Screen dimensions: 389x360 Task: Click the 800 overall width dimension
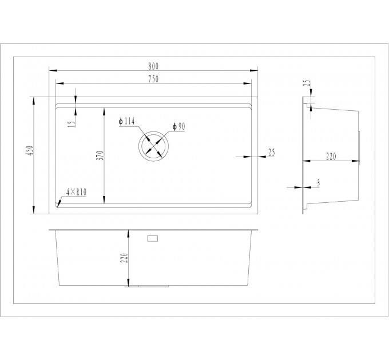point(153,66)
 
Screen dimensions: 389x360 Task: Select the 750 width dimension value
point(153,79)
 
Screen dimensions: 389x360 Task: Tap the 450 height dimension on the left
point(30,150)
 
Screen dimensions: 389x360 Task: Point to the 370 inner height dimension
point(100,155)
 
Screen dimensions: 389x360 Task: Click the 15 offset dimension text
point(71,123)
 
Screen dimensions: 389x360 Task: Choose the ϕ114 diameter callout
point(126,121)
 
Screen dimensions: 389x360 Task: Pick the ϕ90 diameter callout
point(178,126)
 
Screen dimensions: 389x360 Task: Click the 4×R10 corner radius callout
point(76,192)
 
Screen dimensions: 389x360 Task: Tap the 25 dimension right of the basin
point(272,152)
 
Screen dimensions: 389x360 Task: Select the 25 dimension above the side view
point(307,83)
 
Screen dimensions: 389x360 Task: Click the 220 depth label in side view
point(331,157)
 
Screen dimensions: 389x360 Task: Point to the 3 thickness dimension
point(318,183)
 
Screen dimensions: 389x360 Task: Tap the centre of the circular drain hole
point(154,146)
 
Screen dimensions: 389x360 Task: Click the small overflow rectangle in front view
point(153,238)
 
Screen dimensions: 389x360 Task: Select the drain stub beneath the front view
point(147,286)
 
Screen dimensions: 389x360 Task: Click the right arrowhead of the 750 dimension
point(247,83)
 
